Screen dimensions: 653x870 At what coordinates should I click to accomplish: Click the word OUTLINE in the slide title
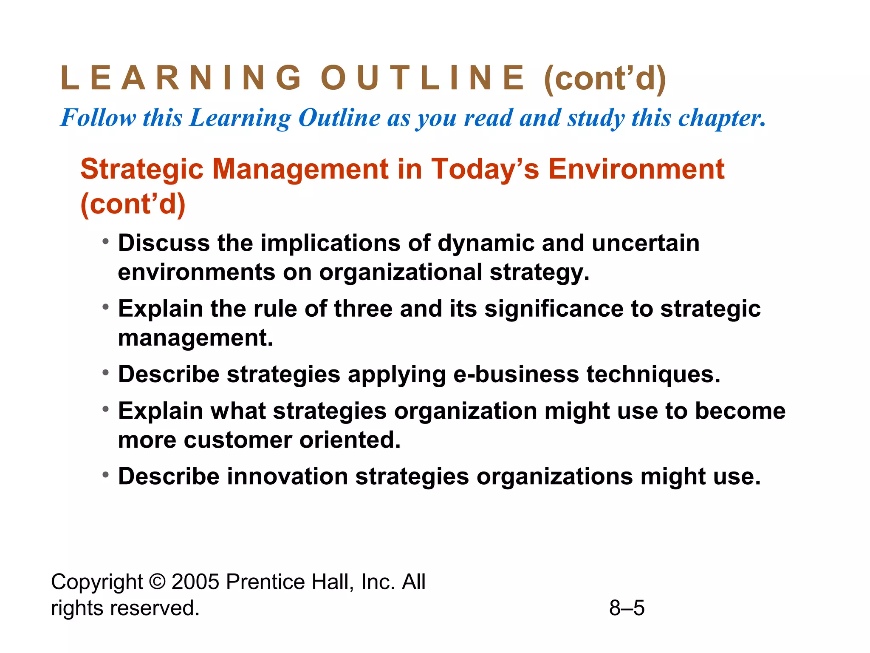click(423, 78)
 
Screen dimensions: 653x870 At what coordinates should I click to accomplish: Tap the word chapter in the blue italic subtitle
click(722, 118)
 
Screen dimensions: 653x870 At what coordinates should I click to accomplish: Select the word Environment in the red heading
click(636, 169)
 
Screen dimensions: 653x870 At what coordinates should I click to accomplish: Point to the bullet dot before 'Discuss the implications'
click(106, 242)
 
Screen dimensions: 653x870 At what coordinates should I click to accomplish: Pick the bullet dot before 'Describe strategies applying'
click(106, 373)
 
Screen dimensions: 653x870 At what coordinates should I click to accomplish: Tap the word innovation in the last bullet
click(288, 476)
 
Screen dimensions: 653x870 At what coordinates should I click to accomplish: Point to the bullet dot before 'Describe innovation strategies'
click(106, 475)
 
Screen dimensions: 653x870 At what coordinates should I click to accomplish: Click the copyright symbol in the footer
click(157, 582)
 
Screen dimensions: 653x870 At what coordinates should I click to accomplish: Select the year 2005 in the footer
click(195, 582)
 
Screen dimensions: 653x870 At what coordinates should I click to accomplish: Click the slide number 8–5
click(627, 608)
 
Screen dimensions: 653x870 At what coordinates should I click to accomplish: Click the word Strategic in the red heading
click(142, 169)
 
